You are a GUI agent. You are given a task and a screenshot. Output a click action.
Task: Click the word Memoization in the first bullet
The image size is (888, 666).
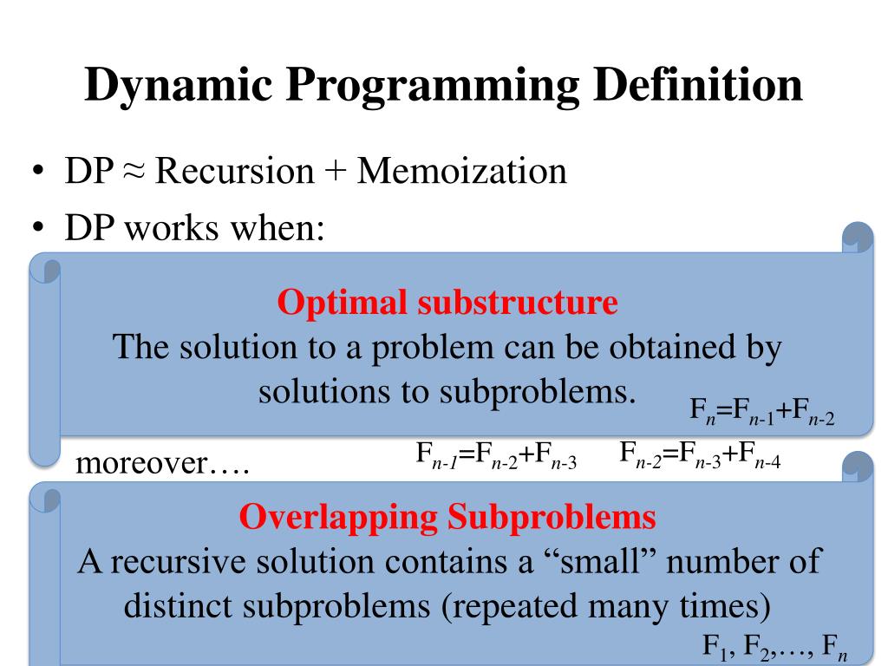(462, 171)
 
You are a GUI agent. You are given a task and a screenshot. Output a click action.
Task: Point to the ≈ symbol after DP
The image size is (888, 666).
(135, 172)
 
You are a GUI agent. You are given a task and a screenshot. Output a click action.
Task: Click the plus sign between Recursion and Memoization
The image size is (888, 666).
(335, 172)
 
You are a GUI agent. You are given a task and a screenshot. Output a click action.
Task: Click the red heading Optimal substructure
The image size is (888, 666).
(447, 303)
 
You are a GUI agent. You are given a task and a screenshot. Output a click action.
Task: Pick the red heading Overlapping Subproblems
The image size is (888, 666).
(447, 518)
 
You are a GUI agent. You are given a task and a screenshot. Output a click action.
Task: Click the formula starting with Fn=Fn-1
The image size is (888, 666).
(762, 410)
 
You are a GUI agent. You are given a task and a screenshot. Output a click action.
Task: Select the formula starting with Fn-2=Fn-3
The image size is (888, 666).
(701, 455)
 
